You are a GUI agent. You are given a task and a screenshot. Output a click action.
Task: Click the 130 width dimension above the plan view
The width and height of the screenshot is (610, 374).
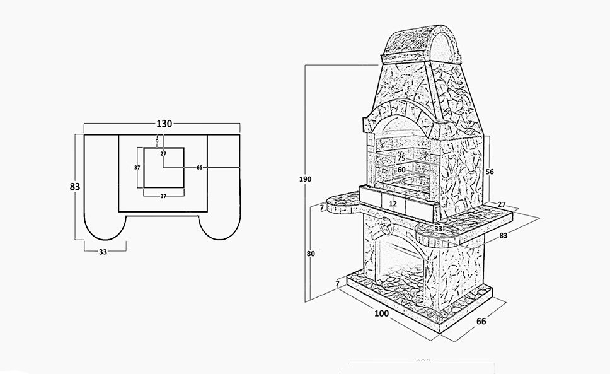[164, 124]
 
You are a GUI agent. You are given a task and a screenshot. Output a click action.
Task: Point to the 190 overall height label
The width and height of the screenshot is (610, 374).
[305, 180]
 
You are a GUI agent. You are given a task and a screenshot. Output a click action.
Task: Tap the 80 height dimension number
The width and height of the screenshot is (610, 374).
[310, 254]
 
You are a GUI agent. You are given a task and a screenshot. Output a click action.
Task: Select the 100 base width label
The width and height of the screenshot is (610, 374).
[382, 313]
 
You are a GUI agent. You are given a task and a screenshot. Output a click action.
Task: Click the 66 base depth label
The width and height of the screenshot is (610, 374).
[481, 321]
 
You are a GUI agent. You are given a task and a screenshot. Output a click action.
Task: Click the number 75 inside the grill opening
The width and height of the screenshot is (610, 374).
[401, 158]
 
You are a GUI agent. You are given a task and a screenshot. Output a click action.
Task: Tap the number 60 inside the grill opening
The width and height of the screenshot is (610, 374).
[401, 169]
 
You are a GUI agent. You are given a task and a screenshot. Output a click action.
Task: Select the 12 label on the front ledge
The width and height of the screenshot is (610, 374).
[393, 204]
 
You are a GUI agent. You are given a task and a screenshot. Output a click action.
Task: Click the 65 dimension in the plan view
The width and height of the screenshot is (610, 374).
[200, 168]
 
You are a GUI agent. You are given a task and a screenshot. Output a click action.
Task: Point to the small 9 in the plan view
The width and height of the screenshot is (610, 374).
[157, 141]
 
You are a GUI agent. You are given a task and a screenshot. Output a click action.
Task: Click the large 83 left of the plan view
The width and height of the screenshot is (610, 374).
[75, 186]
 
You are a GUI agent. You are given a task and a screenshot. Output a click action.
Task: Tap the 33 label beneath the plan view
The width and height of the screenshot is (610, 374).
[103, 252]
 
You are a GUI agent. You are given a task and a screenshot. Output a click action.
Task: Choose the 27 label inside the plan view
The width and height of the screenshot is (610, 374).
[163, 153]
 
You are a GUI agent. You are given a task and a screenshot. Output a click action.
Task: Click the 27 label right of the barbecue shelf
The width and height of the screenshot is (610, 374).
[502, 204]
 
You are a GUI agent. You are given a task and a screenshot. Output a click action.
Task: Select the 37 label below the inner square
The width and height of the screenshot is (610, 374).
[163, 197]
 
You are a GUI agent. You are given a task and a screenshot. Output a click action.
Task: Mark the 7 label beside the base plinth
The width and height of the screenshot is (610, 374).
[337, 284]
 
